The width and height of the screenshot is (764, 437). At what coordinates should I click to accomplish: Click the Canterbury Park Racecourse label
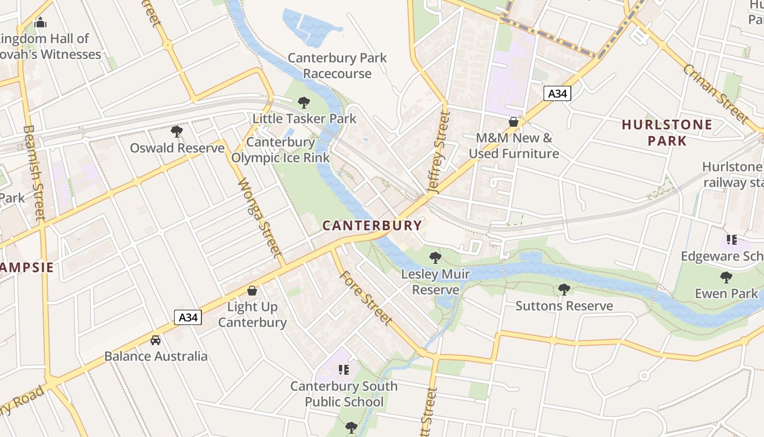[337, 66]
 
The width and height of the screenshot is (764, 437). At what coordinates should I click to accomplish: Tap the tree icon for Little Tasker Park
[304, 102]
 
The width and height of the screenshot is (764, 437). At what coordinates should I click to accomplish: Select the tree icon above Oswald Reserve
[176, 131]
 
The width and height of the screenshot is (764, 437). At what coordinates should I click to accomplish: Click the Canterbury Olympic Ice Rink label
[280, 150]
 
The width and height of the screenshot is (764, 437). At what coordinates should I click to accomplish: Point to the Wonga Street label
[260, 218]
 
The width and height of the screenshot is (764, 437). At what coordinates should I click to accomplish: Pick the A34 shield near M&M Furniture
[557, 93]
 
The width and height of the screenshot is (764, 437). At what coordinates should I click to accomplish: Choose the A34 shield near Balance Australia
[188, 317]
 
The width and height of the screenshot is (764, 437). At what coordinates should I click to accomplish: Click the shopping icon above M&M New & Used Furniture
[513, 121]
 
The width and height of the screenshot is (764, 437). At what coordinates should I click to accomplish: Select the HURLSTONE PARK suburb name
[667, 133]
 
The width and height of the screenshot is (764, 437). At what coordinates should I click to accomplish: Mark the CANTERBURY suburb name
[372, 225]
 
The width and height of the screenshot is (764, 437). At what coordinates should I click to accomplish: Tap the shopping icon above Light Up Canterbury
[252, 291]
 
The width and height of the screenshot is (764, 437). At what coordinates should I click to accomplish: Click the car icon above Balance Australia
[156, 340]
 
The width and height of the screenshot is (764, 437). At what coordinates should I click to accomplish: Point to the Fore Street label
[366, 298]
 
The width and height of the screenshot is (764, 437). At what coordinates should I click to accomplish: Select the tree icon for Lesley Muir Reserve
[435, 257]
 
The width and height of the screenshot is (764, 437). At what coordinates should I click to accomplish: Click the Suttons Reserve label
[564, 306]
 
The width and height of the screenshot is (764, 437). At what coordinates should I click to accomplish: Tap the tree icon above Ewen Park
[726, 277]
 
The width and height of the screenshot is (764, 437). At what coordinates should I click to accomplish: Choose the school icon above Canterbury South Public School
[343, 370]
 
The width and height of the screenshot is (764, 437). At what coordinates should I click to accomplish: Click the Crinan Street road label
[715, 93]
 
